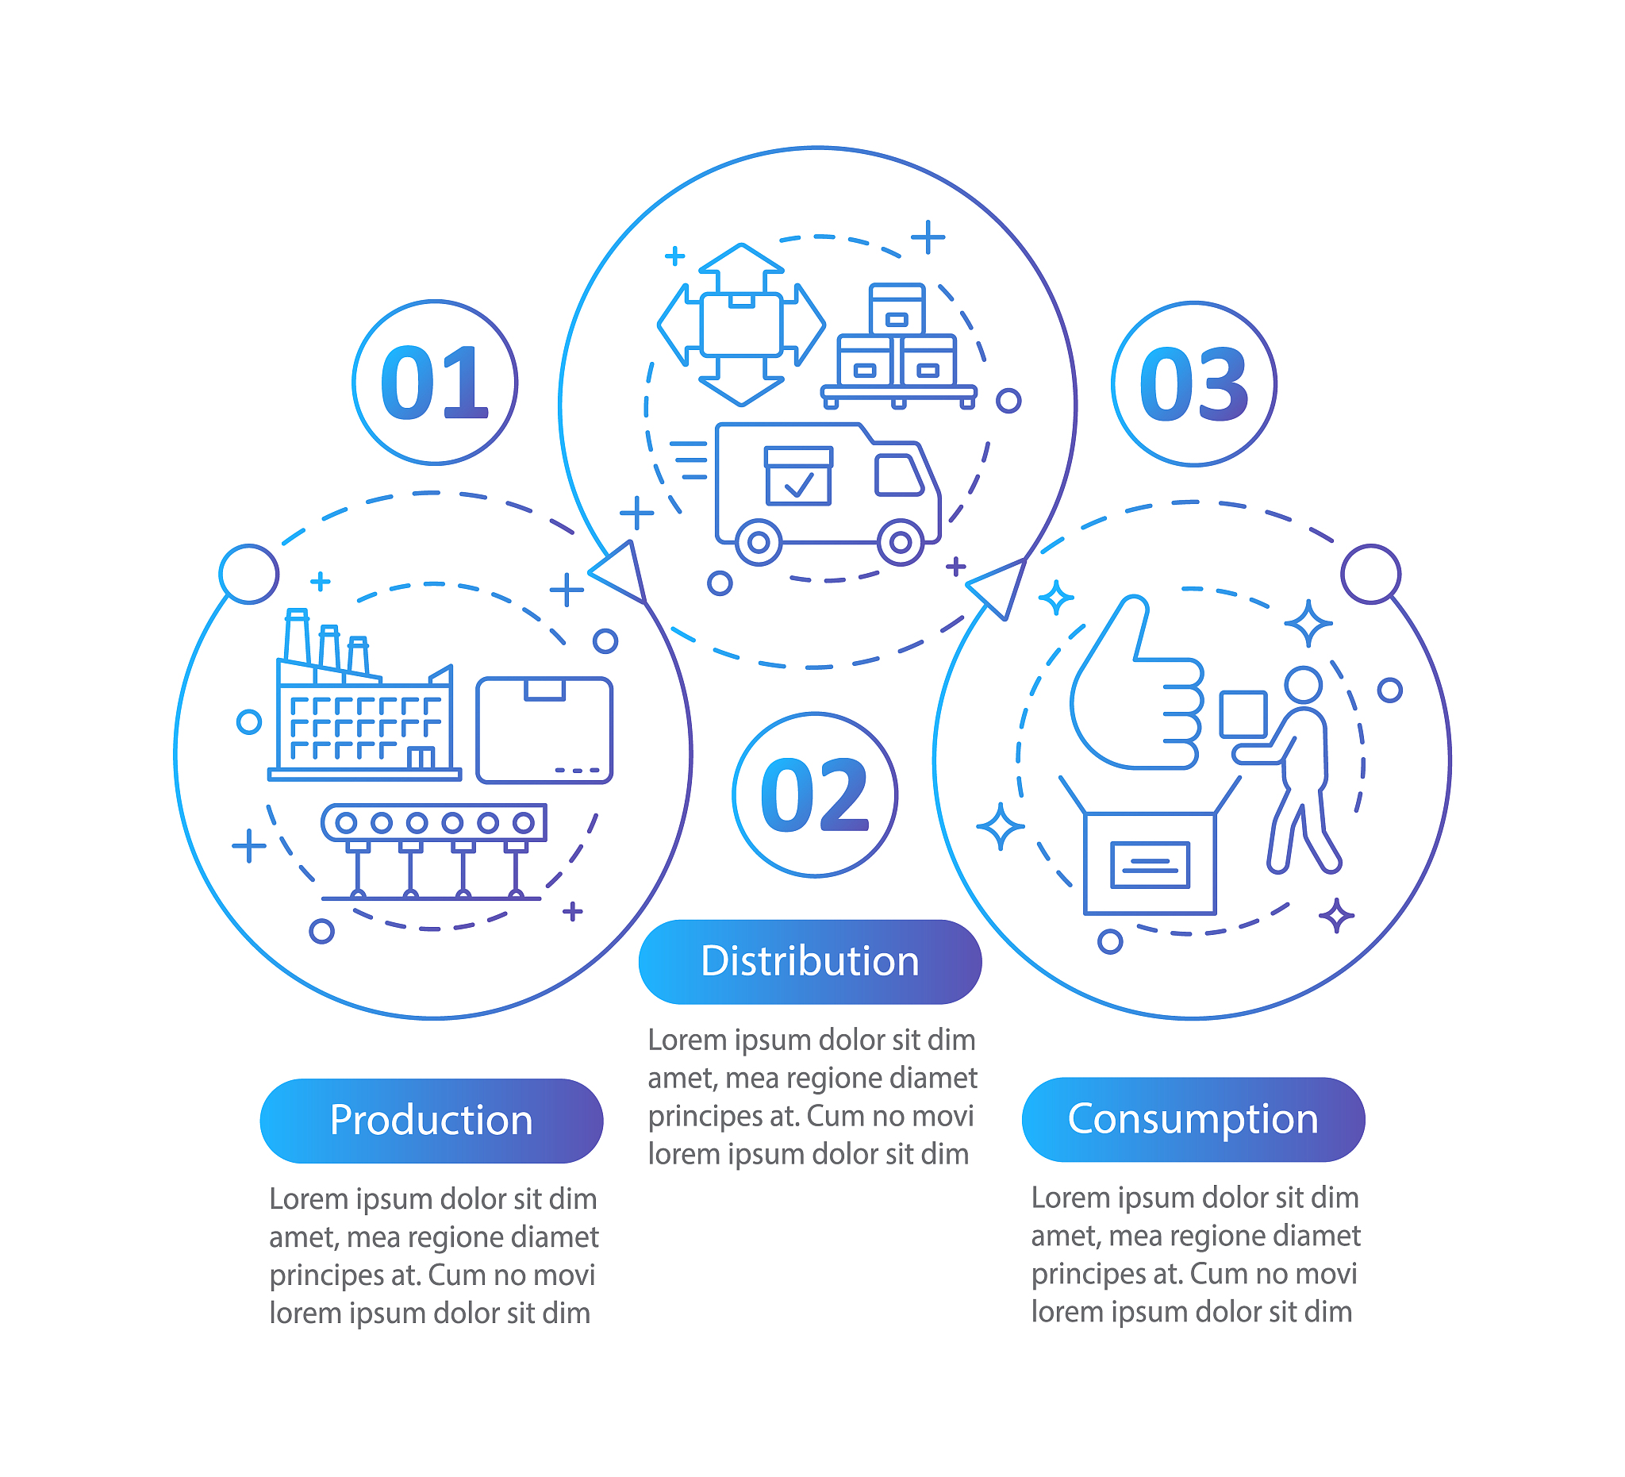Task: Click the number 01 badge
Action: (x=436, y=383)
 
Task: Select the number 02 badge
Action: (x=816, y=796)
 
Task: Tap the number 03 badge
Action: (x=1195, y=385)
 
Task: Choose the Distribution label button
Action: (x=811, y=963)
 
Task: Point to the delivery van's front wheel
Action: (x=901, y=543)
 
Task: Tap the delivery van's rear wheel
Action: (x=759, y=543)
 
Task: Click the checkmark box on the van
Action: (x=799, y=476)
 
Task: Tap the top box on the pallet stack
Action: (x=897, y=310)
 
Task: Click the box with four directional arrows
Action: (x=742, y=325)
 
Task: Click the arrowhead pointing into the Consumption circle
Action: (x=1000, y=587)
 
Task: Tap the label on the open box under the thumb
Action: (x=1151, y=865)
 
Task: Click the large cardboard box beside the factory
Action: (x=545, y=730)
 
